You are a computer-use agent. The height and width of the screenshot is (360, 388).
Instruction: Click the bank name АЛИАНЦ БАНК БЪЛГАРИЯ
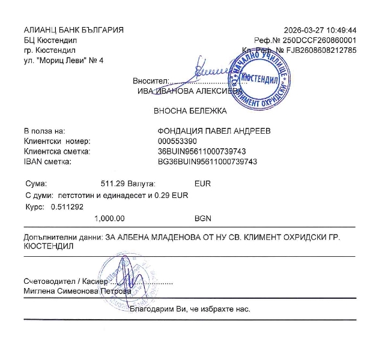73,30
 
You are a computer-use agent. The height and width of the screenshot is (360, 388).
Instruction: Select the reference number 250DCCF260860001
325,40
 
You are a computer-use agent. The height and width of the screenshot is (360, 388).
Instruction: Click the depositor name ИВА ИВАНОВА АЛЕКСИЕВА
186,91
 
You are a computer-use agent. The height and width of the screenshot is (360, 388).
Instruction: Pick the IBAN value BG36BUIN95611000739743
207,162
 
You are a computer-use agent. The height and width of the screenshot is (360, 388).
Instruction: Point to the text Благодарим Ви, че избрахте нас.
190,310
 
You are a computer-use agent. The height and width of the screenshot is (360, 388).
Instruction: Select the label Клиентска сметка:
56,152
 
